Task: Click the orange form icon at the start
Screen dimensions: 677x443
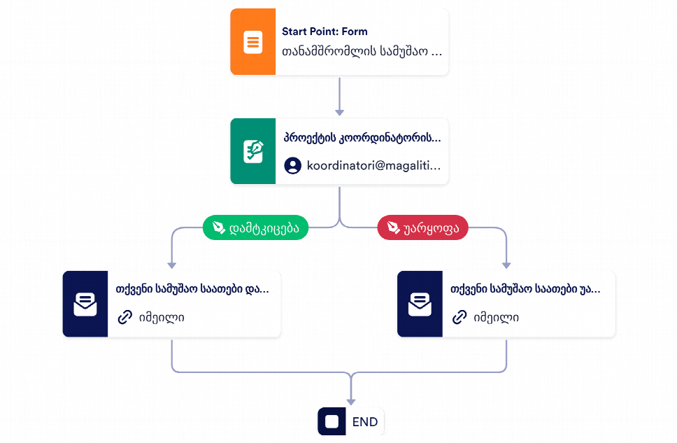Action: coord(253,42)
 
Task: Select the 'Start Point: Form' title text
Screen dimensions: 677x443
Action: coord(325,31)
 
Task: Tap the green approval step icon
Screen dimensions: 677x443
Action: coord(253,151)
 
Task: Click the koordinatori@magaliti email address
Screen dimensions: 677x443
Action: coord(374,166)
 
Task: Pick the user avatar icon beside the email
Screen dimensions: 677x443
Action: coord(293,166)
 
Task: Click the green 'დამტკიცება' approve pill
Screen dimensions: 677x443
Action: coord(255,227)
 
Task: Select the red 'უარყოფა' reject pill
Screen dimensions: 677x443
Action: coord(422,227)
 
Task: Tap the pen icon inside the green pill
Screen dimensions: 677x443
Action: coord(219,227)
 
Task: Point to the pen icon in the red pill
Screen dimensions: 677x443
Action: coord(393,227)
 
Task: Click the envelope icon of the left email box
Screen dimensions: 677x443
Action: coord(85,304)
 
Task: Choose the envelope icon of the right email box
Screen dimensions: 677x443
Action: coord(420,304)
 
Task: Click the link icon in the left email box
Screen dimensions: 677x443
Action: coord(124,317)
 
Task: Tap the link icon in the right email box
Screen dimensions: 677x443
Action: coord(459,317)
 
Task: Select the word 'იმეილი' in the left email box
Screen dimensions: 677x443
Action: coord(162,318)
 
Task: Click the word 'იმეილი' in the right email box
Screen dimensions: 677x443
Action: coord(496,318)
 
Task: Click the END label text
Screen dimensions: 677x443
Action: coord(365,422)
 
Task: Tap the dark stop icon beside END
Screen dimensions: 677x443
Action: coord(332,421)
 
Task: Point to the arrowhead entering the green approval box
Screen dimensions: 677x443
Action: coord(339,113)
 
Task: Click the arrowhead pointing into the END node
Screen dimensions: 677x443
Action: coord(351,402)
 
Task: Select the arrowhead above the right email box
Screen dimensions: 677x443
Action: coord(506,265)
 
